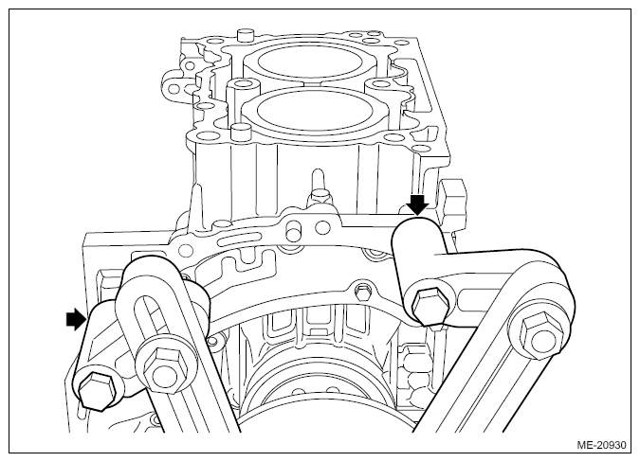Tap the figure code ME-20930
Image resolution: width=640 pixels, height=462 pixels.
[x=601, y=445]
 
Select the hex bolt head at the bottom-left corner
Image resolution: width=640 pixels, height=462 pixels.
[x=97, y=390]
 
